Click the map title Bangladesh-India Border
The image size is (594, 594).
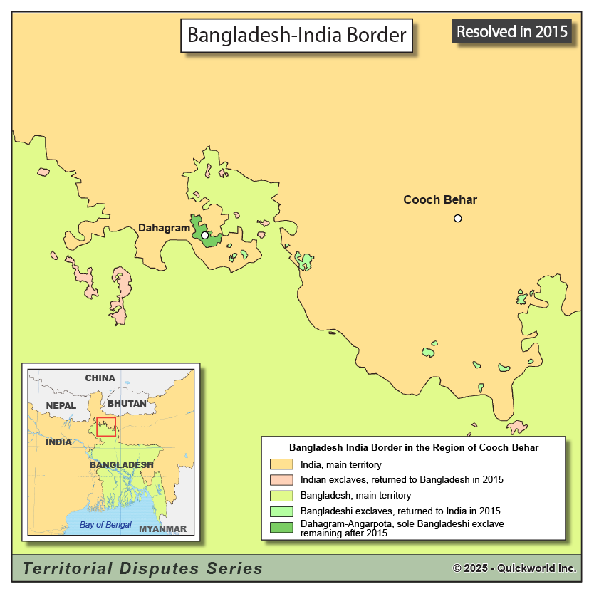click(296, 34)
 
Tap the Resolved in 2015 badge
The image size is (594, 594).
click(512, 31)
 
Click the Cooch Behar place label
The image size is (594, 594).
click(440, 199)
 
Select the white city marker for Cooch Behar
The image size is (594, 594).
click(458, 218)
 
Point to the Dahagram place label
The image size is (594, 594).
click(164, 228)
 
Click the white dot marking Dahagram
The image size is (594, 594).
click(205, 235)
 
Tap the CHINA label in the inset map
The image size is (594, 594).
click(100, 377)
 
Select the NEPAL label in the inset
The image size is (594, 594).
click(61, 405)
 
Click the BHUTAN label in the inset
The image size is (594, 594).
click(127, 403)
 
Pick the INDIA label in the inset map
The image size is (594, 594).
click(58, 442)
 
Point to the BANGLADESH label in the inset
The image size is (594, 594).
click(121, 464)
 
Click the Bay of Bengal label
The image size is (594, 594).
click(105, 525)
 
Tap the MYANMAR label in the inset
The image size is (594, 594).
click(162, 528)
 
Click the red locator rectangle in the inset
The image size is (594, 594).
click(106, 427)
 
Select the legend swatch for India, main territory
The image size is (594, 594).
click(281, 464)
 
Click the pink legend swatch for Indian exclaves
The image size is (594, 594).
click(281, 480)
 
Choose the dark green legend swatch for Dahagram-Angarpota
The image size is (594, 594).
click(281, 528)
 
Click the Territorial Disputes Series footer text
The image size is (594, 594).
click(142, 568)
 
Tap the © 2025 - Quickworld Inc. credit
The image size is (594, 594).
click(514, 568)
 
